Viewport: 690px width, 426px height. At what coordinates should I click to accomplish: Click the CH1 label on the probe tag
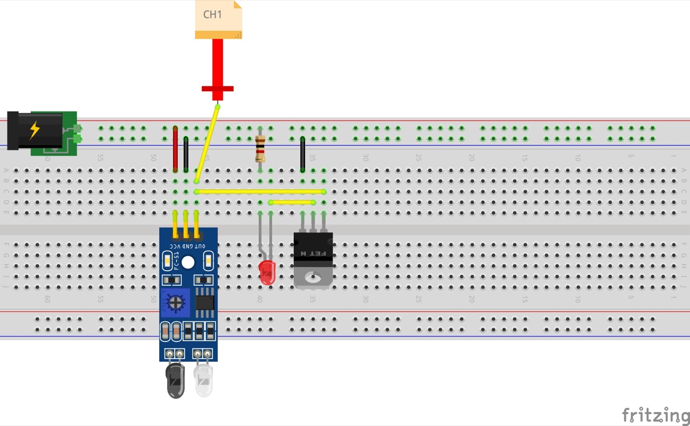[x=212, y=15]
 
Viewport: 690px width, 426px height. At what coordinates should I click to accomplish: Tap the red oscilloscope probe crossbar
[x=217, y=88]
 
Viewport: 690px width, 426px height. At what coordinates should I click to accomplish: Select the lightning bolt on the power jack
[x=34, y=130]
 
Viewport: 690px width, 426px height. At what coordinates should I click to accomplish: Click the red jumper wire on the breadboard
[x=175, y=149]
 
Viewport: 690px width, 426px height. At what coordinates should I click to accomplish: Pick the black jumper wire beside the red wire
[x=186, y=154]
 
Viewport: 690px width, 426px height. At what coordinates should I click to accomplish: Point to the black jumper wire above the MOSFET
[x=302, y=154]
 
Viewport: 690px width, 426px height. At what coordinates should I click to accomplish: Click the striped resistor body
[x=260, y=148]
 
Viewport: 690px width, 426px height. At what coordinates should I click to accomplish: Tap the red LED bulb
[x=267, y=272]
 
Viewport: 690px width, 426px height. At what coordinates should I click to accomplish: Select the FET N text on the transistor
[x=313, y=252]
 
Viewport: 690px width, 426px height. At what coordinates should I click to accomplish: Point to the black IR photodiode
[x=175, y=381]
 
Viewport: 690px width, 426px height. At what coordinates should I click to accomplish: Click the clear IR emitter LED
[x=203, y=380]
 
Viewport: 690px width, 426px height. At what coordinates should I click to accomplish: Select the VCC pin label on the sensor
[x=174, y=246]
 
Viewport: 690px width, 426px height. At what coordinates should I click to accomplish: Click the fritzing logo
[x=655, y=415]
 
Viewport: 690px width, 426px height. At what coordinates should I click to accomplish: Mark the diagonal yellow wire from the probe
[x=207, y=143]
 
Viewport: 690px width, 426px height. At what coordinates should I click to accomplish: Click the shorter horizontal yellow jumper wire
[x=292, y=202]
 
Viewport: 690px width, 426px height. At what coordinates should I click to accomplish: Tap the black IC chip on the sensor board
[x=204, y=302]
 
